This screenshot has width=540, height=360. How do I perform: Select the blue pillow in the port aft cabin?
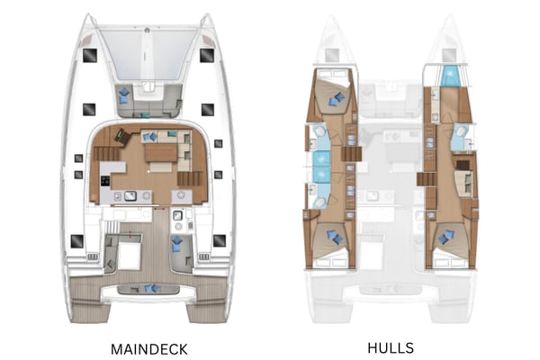[x=334, y=237]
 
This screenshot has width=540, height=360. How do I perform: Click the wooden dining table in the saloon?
[x=159, y=152]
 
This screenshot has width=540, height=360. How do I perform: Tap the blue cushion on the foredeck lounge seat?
[x=124, y=94]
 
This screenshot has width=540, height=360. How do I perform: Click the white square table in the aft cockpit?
[x=128, y=256]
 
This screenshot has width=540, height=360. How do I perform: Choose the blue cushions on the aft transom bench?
[x=148, y=288]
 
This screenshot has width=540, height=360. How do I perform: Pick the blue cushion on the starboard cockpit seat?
[x=176, y=244]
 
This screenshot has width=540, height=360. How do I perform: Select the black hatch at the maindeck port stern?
[x=77, y=240]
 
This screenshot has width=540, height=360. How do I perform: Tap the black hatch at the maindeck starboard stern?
[x=219, y=240]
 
